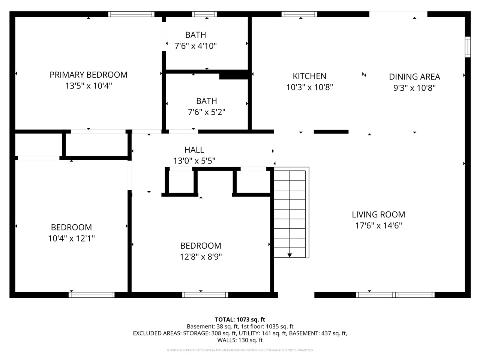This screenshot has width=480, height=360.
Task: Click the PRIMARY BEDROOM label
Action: [88, 75]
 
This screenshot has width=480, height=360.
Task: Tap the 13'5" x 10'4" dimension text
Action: [88, 86]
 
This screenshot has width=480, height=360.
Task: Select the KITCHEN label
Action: [309, 76]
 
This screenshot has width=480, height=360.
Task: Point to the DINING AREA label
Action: [414, 77]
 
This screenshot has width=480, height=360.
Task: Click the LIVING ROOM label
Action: [378, 214]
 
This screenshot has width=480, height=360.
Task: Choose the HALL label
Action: [194, 150]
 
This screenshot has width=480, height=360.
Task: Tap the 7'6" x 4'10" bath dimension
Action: [195, 46]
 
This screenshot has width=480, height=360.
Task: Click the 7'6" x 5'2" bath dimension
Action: [206, 112]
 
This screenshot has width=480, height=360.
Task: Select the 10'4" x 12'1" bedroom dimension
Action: [71, 238]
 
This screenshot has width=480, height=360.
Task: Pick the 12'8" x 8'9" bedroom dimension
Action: [201, 257]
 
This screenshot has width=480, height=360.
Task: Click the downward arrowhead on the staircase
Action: [289, 255]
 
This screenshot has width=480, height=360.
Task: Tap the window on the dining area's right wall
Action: [468, 47]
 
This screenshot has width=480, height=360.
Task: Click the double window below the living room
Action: [395, 295]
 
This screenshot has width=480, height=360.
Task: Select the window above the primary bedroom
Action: [131, 14]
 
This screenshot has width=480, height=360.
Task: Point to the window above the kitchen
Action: [299, 14]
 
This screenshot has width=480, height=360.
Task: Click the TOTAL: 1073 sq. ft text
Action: [240, 319]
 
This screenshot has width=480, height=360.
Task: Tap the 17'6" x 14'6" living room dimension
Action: [378, 226]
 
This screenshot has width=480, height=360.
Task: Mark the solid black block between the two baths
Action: [234, 75]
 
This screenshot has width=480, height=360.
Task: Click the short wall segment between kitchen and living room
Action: [331, 132]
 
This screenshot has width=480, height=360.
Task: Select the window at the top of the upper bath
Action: [204, 14]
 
